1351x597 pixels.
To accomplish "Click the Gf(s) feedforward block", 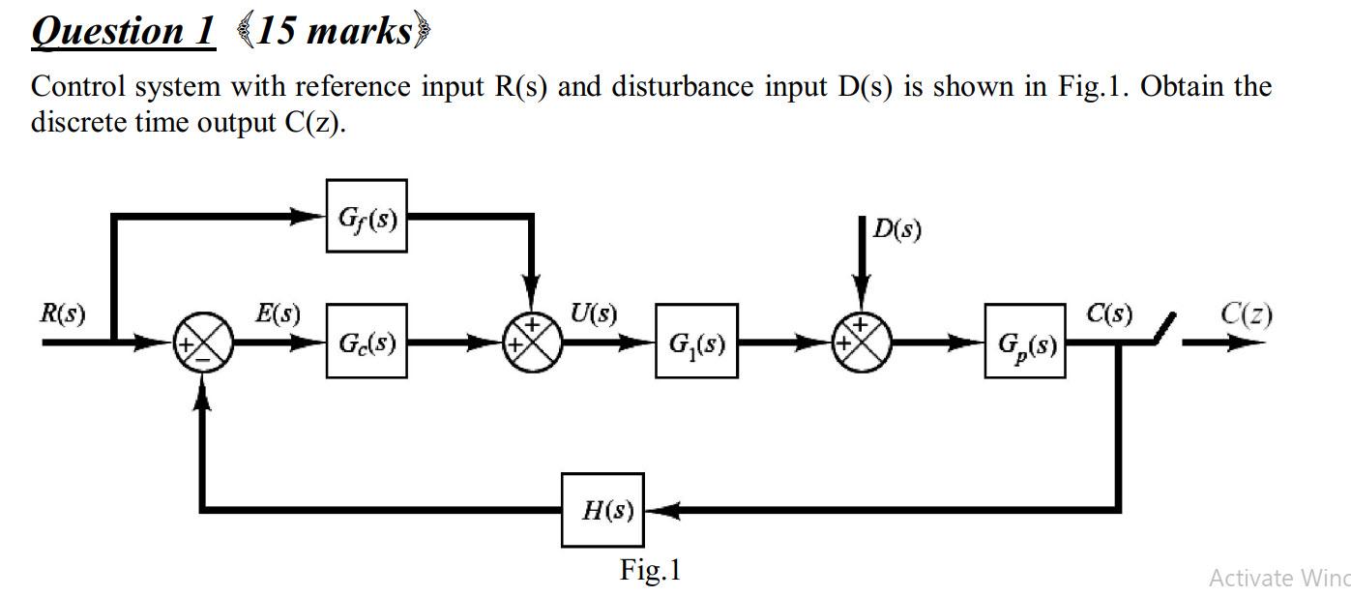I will [367, 216].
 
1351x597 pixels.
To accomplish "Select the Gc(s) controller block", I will [367, 342].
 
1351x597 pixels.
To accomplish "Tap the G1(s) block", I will [695, 342].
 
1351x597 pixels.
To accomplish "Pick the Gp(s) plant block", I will [1025, 342].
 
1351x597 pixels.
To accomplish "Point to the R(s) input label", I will [62, 314].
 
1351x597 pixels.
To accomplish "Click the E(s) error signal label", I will [278, 314].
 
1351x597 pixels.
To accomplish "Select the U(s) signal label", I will [592, 313].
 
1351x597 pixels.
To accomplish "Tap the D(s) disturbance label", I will [897, 229].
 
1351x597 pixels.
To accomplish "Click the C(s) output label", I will [1108, 313].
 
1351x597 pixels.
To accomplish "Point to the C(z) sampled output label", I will [1246, 313].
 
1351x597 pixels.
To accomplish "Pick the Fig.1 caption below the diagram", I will [650, 570].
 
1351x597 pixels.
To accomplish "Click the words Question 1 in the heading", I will [123, 30].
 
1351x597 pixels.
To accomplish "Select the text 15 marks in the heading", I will [333, 30].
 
